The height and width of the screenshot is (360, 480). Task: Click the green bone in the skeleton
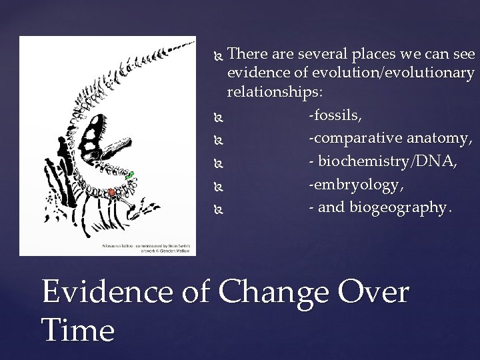coord(131,175)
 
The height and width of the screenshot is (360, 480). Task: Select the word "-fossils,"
coord(335,115)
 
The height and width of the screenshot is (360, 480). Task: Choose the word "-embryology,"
coord(346,184)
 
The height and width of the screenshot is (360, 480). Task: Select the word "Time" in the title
coord(78,330)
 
